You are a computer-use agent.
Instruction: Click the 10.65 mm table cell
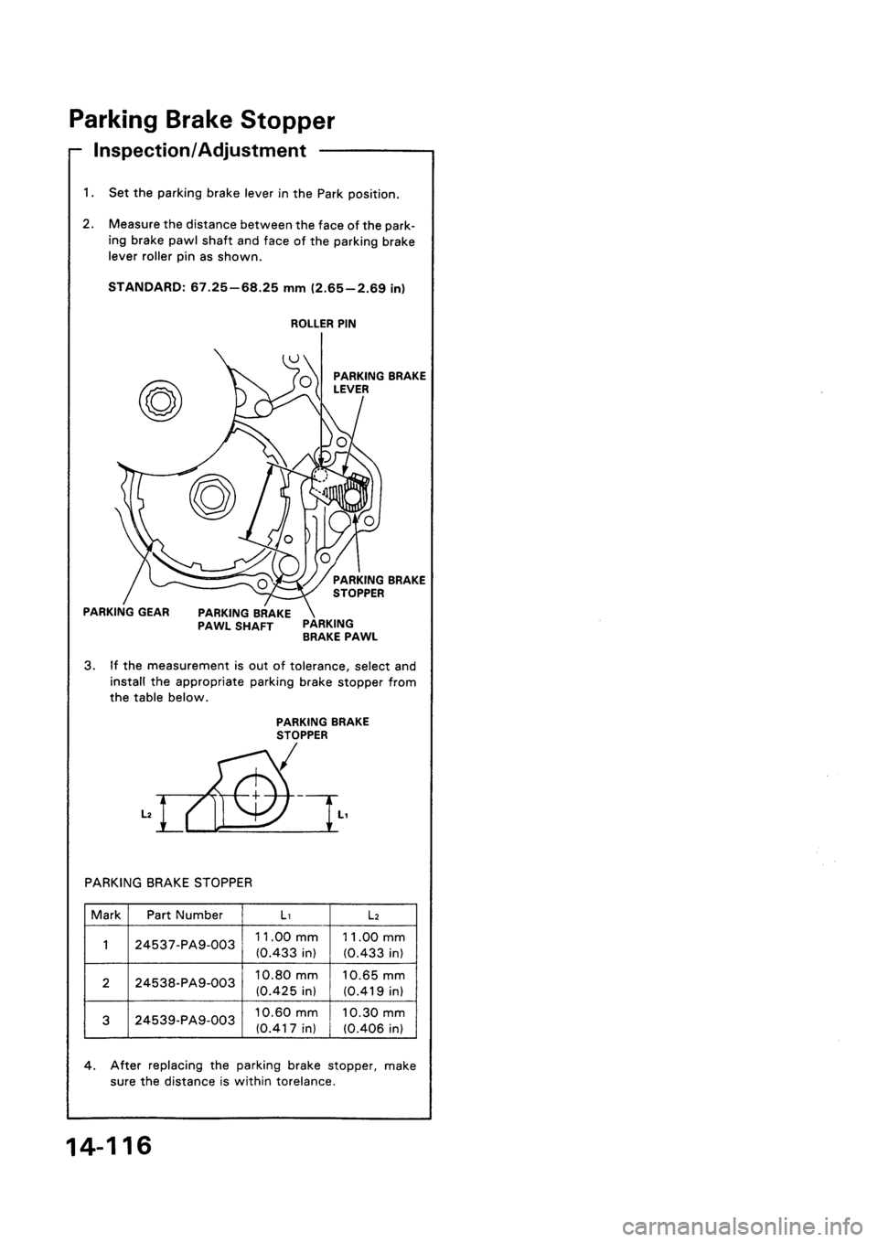click(377, 982)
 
